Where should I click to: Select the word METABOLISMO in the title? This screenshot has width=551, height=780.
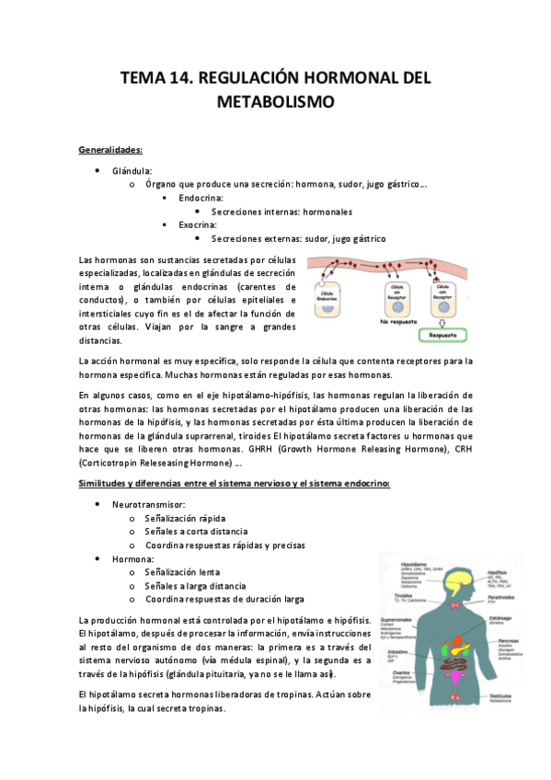pos(275,100)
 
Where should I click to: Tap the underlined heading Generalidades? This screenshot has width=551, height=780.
pos(110,148)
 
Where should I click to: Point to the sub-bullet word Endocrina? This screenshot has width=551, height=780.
pos(201,198)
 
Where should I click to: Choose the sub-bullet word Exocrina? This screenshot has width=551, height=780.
pos(198,224)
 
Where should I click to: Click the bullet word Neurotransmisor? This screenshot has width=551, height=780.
pos(149,505)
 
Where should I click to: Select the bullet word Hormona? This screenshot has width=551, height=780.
pos(132,558)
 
